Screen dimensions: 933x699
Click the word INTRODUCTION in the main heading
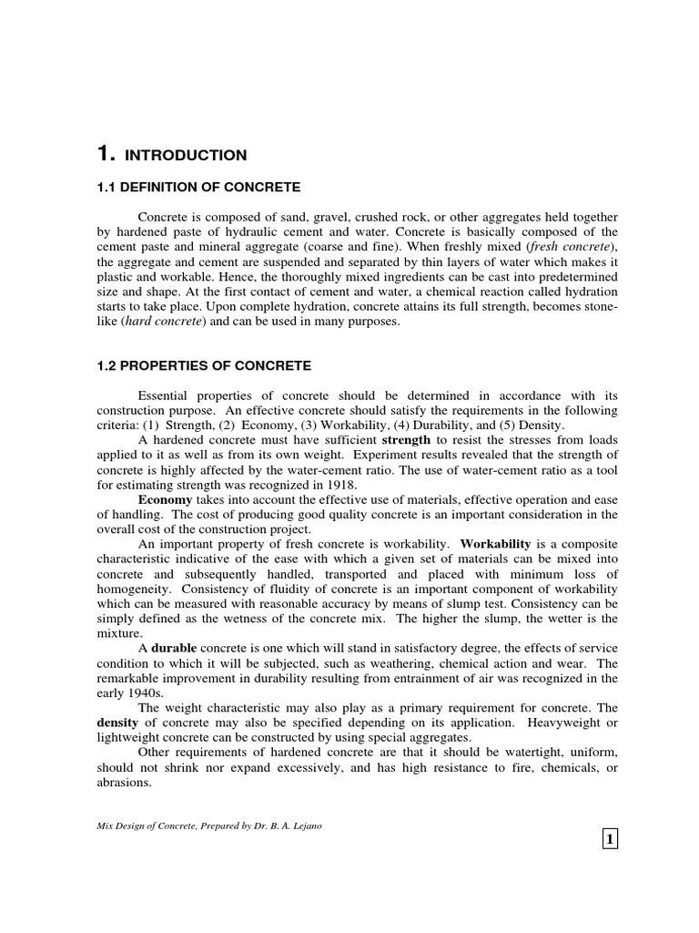coord(186,155)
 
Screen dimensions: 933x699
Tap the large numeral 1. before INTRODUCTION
coord(106,153)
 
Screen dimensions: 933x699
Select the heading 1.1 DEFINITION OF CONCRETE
coord(198,187)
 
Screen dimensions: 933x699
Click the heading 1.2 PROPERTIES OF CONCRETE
coord(204,365)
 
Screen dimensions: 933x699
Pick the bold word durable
coord(178,647)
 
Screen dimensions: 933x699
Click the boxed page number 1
coord(609,838)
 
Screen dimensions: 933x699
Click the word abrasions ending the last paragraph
coord(124,780)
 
